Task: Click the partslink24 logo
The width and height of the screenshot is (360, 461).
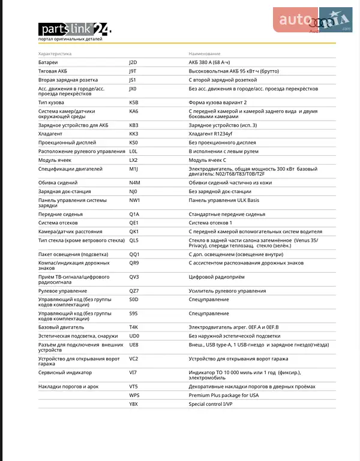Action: click(x=74, y=29)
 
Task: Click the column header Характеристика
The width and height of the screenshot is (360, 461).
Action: click(x=55, y=54)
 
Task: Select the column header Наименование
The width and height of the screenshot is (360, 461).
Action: click(x=205, y=54)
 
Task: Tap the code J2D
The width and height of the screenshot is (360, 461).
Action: click(x=133, y=62)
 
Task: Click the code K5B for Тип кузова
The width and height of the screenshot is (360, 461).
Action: click(x=134, y=103)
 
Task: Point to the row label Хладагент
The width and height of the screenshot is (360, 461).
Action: click(x=51, y=134)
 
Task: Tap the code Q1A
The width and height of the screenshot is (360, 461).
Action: click(x=134, y=214)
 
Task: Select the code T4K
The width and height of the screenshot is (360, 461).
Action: click(x=134, y=327)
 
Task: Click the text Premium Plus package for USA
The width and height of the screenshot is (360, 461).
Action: click(x=223, y=396)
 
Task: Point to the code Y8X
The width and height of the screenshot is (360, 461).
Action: click(x=133, y=405)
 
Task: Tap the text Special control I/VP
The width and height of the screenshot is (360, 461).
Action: click(x=210, y=405)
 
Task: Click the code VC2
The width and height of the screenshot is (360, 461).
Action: click(x=133, y=359)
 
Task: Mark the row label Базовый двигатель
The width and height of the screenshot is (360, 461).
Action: click(x=61, y=327)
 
